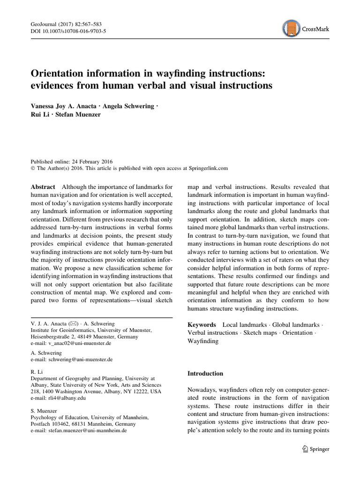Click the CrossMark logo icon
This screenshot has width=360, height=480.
(x=292, y=29)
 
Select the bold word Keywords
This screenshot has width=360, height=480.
(x=202, y=324)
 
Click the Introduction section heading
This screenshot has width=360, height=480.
(x=206, y=374)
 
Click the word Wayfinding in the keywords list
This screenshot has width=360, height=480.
(x=202, y=341)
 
